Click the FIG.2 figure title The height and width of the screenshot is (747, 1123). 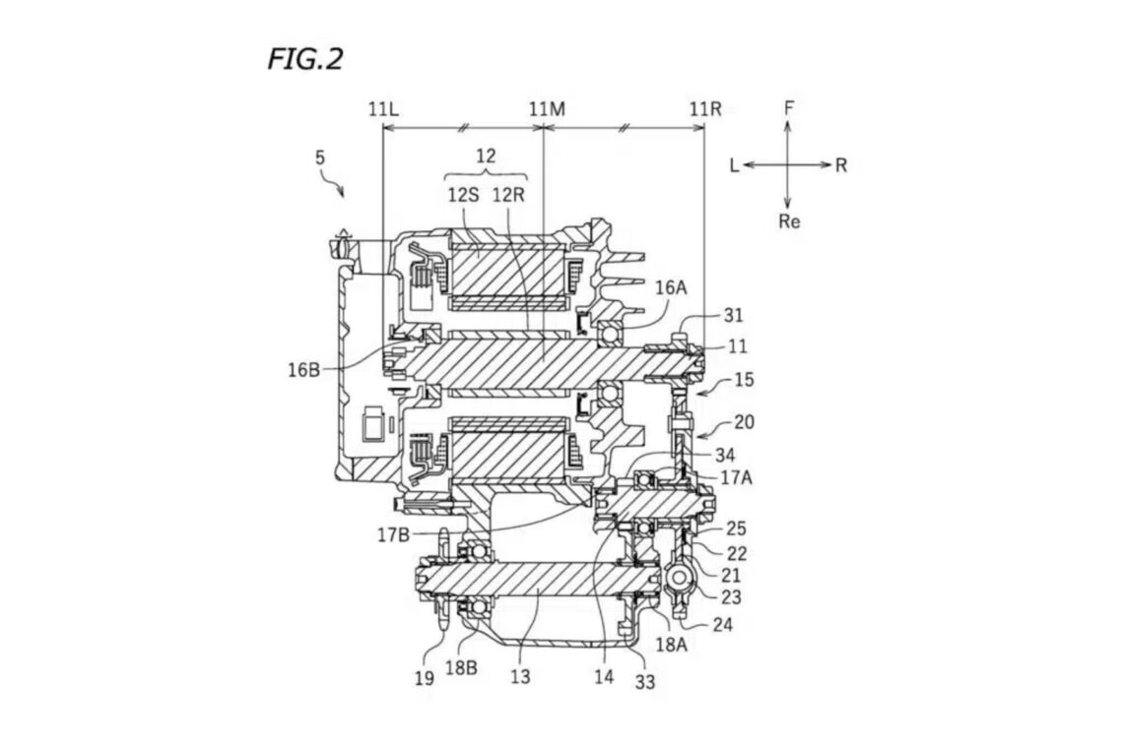coord(305,59)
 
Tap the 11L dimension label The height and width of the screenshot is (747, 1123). coord(383,109)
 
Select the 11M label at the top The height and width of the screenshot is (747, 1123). coord(547,109)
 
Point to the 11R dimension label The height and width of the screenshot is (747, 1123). coord(705,109)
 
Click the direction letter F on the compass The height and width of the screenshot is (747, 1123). coord(788,108)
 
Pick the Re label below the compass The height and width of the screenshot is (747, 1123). coord(788,221)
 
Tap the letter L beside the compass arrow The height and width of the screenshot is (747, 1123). coord(734,165)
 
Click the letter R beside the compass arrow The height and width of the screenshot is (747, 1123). coord(841,165)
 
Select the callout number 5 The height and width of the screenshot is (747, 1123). coord(320,156)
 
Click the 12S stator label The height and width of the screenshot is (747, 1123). coord(463,195)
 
